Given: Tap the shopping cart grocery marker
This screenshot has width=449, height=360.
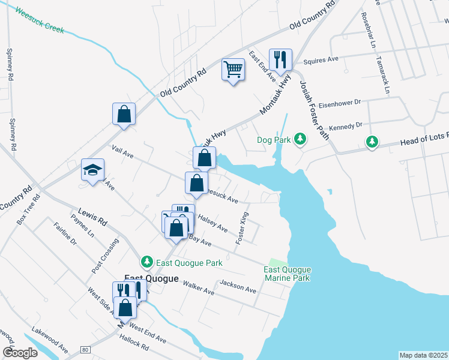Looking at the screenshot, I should point(233,69).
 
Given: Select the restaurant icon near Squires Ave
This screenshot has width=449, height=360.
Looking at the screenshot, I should point(280,59).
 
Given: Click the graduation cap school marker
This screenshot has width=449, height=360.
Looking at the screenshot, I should point(93,169).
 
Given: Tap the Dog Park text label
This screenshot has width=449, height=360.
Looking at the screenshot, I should point(274,140).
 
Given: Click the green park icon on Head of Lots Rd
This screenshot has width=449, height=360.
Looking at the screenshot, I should point(373,142).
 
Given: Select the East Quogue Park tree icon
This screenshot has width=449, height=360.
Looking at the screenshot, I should point(146,262).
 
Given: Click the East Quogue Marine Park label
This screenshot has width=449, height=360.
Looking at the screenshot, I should point(287,274).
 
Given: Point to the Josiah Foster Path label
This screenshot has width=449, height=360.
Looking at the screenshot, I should point(314,110).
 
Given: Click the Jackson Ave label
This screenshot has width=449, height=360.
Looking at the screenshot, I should point(238,287).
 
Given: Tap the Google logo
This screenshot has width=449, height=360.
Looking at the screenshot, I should point(20,353).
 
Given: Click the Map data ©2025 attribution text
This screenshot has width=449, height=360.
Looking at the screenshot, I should point(423,355).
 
